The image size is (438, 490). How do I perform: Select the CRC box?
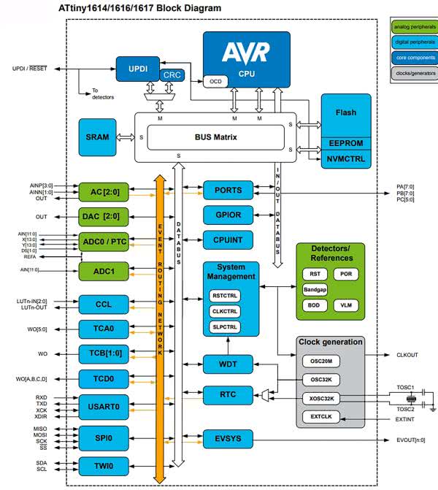172,74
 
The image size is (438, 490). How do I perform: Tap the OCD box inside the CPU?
214,80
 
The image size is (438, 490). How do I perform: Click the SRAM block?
97,137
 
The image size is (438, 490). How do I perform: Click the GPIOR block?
228,215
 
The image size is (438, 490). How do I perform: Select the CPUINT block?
228,239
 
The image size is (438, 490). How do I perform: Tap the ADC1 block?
104,270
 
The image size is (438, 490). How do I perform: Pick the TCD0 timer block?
104,379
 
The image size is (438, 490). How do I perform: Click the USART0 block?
104,406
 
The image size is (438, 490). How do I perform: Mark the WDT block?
228,363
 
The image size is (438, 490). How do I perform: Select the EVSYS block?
228,440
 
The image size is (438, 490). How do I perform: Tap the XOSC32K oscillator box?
322,399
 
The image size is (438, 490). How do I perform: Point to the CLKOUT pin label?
406,355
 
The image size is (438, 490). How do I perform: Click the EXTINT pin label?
406,419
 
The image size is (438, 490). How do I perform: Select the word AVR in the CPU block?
245,52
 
